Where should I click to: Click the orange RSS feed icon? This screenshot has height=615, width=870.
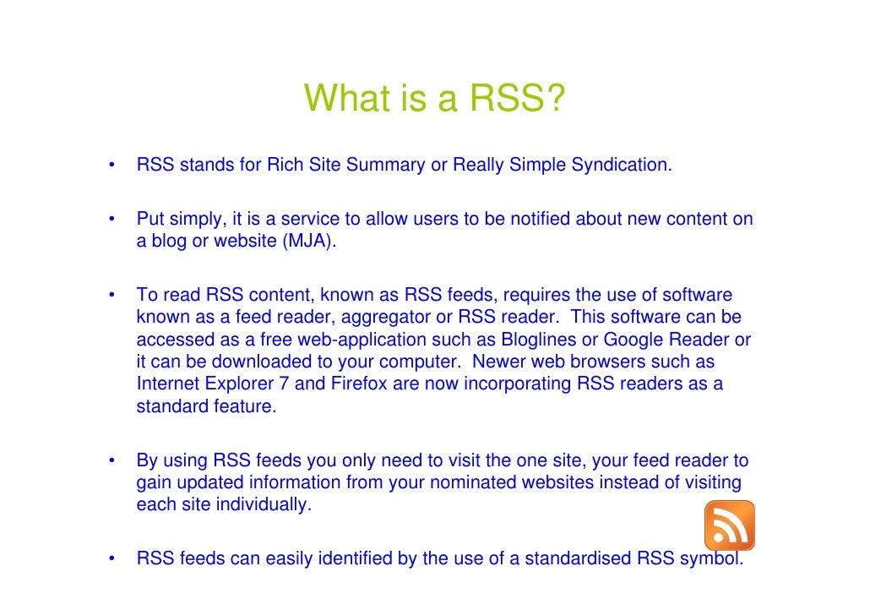click(729, 525)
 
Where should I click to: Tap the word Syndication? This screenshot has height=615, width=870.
click(621, 165)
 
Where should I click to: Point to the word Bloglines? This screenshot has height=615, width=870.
click(534, 340)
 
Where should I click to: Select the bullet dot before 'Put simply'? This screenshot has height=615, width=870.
click(111, 219)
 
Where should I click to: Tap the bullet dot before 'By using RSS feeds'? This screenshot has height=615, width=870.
click(111, 461)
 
